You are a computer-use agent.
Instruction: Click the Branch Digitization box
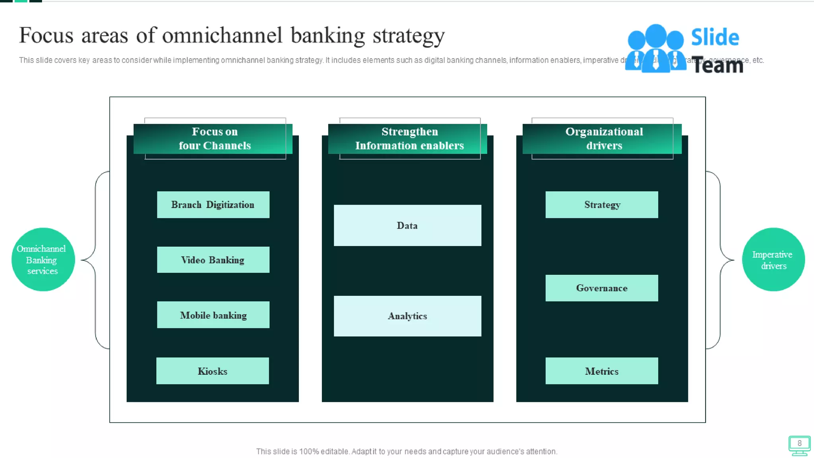[x=213, y=205]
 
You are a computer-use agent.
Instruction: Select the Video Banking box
[x=213, y=260]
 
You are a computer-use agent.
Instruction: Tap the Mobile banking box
[x=213, y=315]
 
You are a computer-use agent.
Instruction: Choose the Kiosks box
[x=213, y=371]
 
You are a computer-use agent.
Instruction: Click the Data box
[x=407, y=225]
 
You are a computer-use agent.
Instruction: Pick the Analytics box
[x=407, y=316]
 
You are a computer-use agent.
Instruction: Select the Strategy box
[x=602, y=205]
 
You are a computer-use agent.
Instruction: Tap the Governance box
[x=602, y=288]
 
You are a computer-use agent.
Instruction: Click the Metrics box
[x=602, y=371]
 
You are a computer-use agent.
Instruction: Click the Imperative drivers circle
[x=773, y=260]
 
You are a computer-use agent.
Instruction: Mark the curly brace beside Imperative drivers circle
[x=721, y=260]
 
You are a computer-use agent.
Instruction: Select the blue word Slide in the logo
[x=715, y=37]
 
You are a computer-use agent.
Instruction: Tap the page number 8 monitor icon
[x=799, y=445]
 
